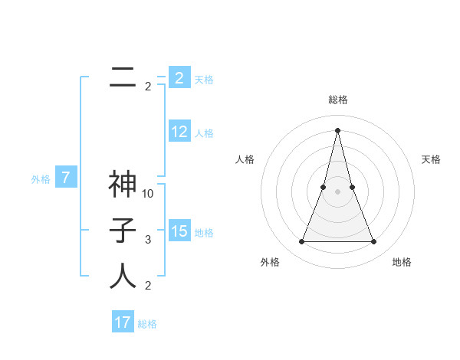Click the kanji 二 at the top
123,77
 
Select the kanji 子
123,230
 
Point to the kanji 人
123,276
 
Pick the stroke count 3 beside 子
148,240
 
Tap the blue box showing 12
179,132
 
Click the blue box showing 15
179,231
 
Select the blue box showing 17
123,322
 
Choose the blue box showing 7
66,178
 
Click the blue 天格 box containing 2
179,77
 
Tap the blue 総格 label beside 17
147,324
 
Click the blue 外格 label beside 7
41,179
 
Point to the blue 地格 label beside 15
204,232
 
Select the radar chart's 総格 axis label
338,100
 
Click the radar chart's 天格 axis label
432,159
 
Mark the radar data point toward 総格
338,129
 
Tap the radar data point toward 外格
301,242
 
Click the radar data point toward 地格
374,242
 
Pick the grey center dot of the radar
338,191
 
